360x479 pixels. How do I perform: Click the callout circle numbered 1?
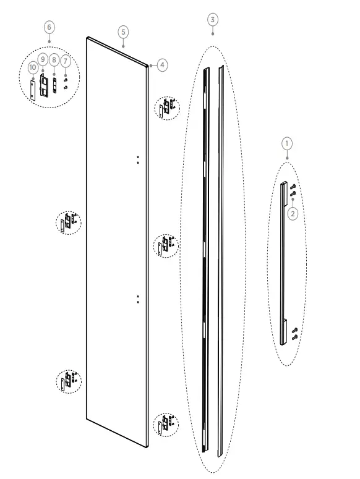286,143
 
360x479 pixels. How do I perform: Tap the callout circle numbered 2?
293,213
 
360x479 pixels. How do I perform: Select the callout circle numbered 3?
212,20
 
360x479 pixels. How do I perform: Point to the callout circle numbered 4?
161,64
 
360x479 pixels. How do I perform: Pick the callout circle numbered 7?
66,62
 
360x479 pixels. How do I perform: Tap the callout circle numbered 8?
54,59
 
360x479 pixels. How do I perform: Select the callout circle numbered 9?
43,58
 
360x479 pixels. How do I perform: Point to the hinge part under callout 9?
43,83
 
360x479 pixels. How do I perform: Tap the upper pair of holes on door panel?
138,159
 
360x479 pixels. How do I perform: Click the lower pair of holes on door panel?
138,299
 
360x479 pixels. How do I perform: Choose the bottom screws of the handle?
294,334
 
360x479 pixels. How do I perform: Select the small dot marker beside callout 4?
150,64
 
